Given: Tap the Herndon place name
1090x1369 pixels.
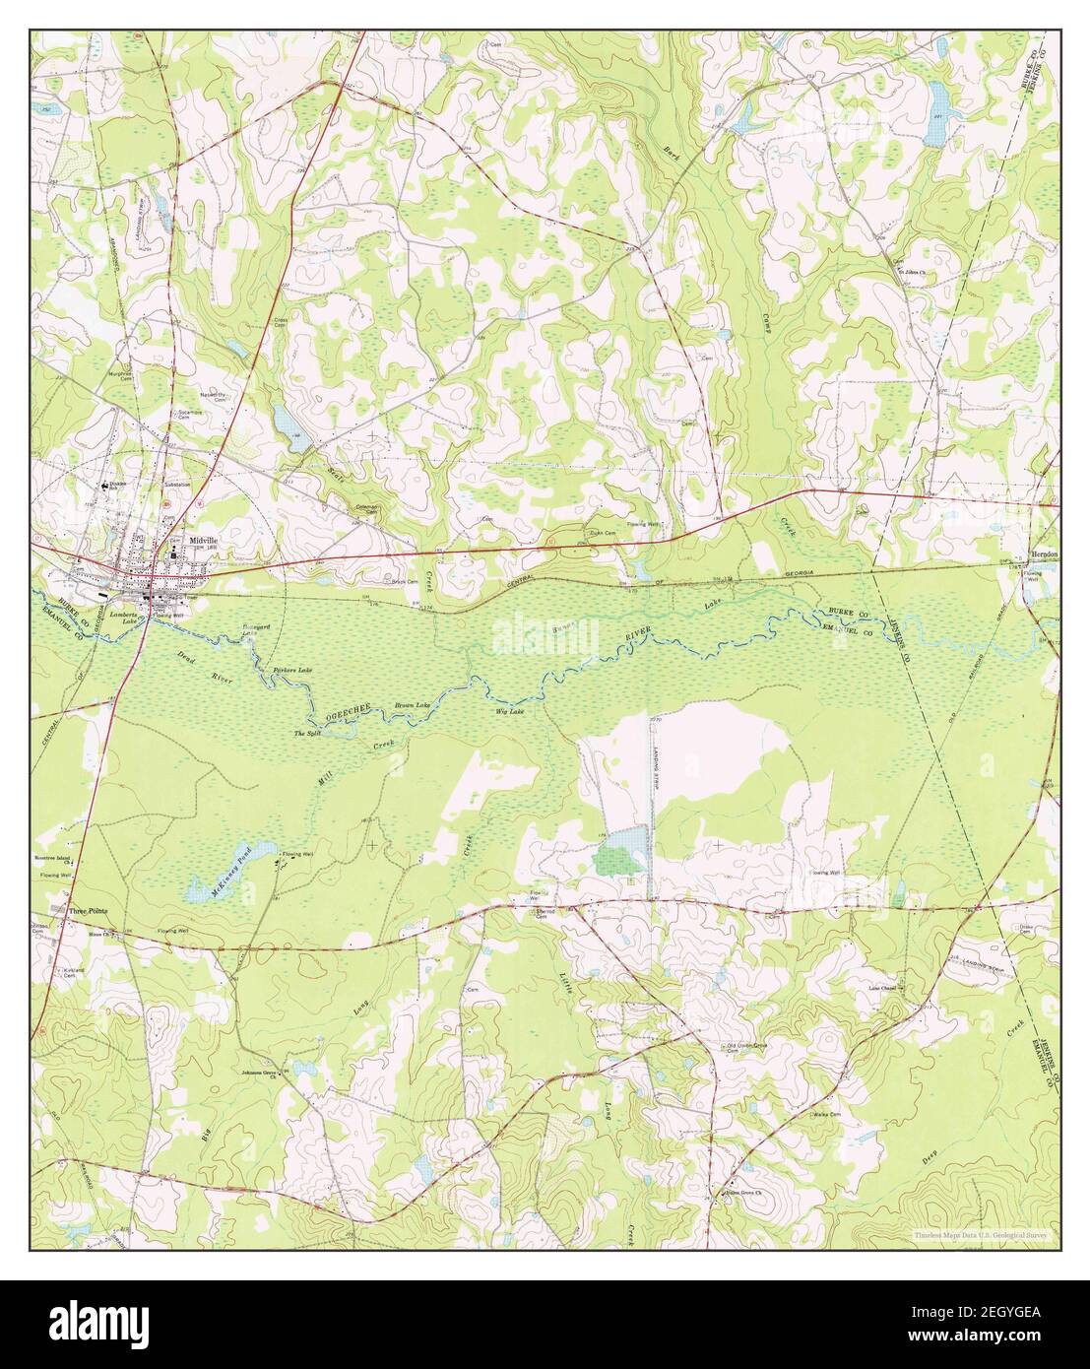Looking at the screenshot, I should point(1043,554).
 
